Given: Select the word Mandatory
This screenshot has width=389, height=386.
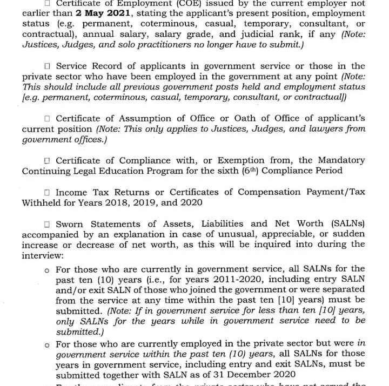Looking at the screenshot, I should pos(340,160).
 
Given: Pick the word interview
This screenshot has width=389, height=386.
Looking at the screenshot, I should pos(41,255).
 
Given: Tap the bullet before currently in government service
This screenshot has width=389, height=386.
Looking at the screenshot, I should pos(47,269).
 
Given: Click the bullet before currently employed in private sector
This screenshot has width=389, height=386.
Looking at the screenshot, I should pos(47,344).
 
